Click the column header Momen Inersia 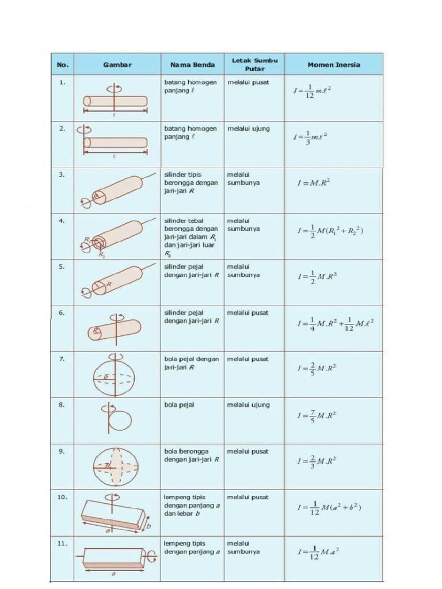(x=333, y=64)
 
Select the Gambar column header (x=117, y=64)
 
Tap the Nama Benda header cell (x=192, y=64)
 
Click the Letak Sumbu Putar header (x=254, y=64)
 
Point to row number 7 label (x=62, y=359)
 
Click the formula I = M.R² (x=314, y=183)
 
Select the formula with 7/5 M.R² (x=317, y=414)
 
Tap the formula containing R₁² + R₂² (x=330, y=231)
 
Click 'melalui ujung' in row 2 (x=248, y=129)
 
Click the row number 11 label (x=62, y=543)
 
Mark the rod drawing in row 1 (x=115, y=101)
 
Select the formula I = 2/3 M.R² (x=317, y=461)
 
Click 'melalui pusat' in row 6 (x=248, y=313)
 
